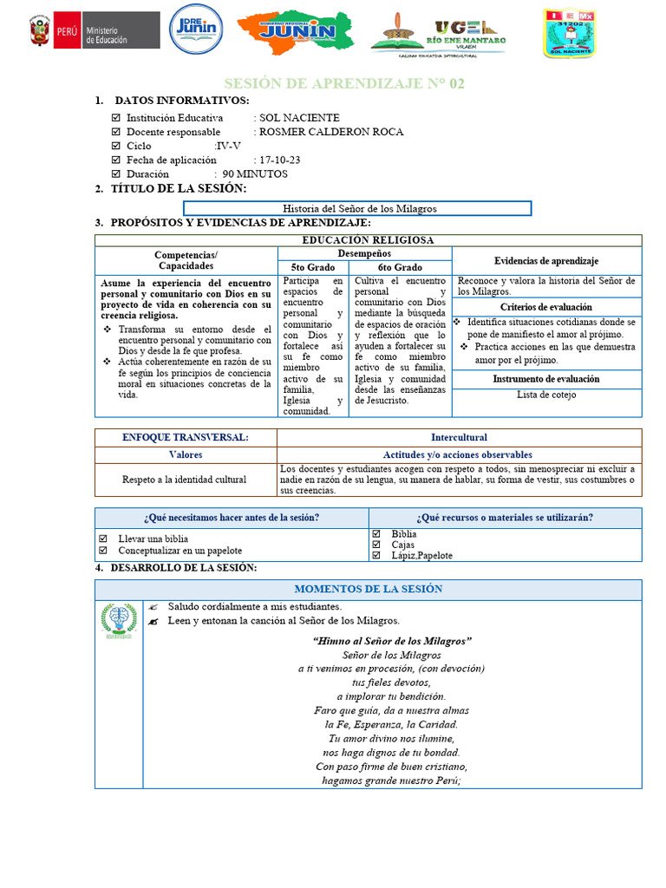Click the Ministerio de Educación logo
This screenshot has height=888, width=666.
94,32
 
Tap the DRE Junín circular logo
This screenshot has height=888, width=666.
196,30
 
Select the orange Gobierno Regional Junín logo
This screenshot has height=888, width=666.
296,32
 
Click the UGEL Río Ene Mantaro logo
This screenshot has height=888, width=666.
439,34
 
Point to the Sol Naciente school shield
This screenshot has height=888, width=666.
569,33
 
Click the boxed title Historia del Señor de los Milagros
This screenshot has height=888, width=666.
357,209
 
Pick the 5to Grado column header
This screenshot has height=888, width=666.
313,267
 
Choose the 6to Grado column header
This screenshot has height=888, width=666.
400,267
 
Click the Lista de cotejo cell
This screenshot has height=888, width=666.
546,395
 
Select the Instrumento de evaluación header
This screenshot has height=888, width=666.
546,379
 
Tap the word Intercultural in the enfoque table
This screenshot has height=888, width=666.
459,438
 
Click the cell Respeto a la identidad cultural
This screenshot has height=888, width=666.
186,479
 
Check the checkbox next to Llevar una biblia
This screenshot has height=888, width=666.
103,539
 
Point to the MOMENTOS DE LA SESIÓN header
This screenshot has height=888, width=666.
369,589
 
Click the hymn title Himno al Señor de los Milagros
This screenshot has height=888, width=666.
392,641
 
